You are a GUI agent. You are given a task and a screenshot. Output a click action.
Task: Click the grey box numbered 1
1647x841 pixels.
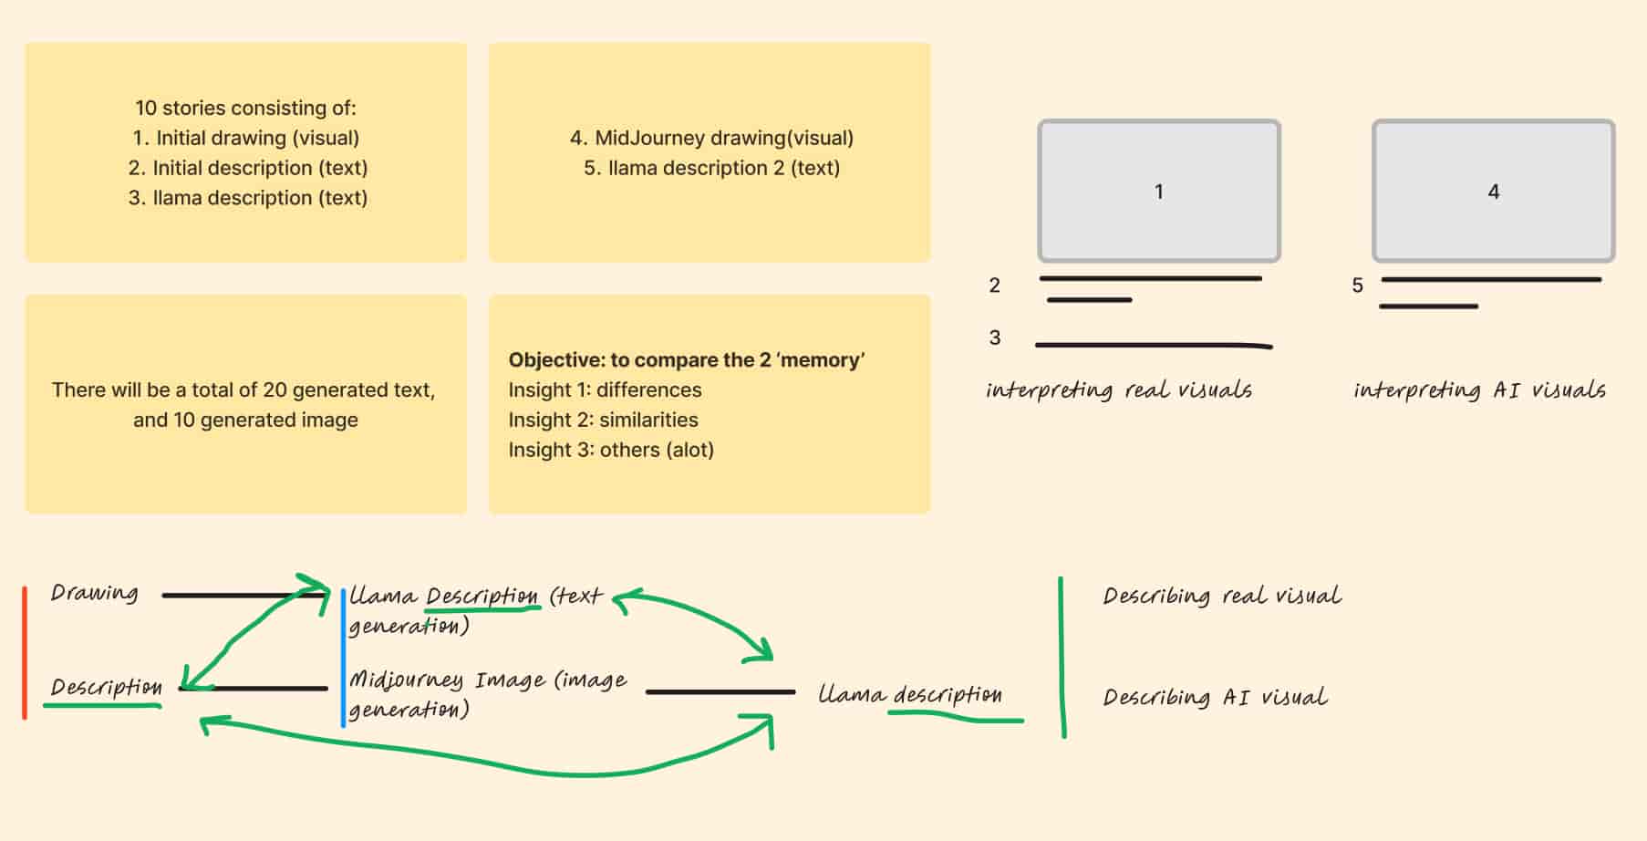coord(1158,192)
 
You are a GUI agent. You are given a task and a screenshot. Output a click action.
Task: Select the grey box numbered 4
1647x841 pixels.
coord(1493,192)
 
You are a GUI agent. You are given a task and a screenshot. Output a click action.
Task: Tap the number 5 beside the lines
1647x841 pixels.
coord(1357,286)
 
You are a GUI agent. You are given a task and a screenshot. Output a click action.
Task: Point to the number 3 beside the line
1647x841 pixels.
coord(995,337)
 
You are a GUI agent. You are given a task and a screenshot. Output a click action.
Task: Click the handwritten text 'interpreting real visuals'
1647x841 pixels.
coord(1118,390)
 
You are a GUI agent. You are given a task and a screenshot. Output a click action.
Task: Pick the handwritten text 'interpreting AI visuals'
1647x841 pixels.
coord(1479,390)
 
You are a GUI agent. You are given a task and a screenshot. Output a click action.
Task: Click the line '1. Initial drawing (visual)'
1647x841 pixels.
coord(245,138)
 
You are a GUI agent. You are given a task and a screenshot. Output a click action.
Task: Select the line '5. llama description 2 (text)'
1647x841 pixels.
coord(711,168)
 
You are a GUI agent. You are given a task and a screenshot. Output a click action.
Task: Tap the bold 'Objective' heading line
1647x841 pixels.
coord(686,359)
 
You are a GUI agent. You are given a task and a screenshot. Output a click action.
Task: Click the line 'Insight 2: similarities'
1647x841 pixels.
coord(603,420)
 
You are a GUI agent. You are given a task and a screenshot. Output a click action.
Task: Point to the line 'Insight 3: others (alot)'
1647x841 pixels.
coord(611,450)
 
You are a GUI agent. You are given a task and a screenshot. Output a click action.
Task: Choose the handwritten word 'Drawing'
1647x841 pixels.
coord(94,593)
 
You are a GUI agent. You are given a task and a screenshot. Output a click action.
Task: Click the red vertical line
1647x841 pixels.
coord(25,652)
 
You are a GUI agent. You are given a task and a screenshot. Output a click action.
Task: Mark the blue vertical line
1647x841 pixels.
coord(343,657)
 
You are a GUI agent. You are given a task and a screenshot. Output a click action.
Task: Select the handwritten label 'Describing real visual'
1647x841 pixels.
coord(1221,597)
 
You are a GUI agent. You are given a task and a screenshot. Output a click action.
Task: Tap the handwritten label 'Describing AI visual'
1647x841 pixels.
coord(1215,698)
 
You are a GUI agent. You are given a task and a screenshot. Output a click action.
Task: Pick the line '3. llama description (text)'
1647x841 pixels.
coord(247,198)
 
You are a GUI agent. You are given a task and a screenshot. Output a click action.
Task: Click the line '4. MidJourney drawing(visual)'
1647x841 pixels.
coord(711,138)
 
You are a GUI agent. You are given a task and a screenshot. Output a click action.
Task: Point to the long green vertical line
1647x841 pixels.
coord(1062,657)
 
